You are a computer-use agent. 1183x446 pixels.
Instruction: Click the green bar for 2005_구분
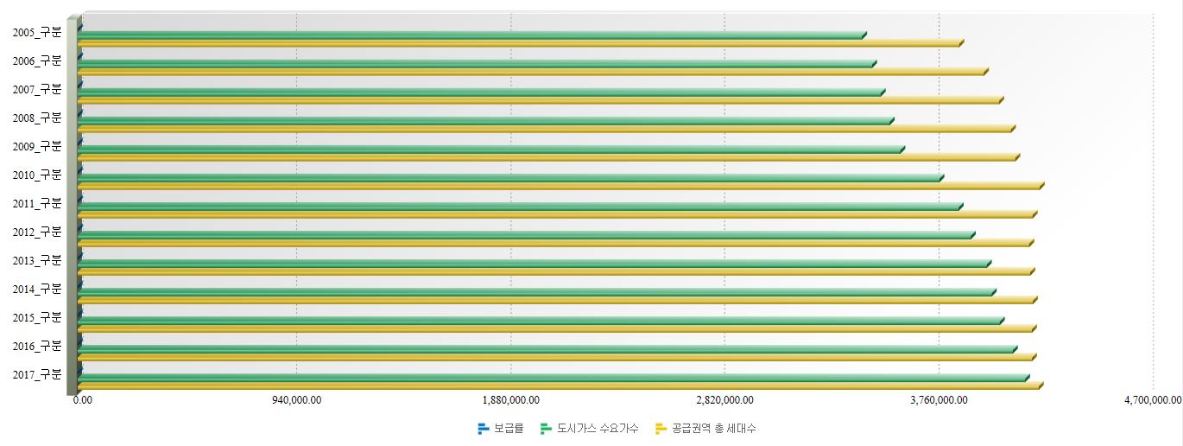[x=471, y=35]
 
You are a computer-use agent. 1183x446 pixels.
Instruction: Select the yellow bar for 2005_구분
[x=518, y=43]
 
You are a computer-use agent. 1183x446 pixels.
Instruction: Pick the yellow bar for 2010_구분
[x=560, y=187]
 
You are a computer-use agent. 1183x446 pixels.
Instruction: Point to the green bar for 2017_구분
[x=553, y=379]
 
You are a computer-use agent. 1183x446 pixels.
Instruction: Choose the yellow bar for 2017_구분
[x=559, y=386]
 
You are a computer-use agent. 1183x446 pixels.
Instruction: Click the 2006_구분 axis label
[x=37, y=61]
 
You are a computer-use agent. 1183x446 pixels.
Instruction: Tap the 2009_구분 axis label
[x=37, y=146]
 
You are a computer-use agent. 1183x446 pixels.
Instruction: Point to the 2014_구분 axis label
[x=37, y=289]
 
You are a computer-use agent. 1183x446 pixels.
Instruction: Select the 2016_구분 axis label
[x=37, y=346]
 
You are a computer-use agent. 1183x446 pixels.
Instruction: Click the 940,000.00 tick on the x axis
[x=296, y=399]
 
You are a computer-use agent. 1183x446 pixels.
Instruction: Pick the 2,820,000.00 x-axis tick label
[x=724, y=399]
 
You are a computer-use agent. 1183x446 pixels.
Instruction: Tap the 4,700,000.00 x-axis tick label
[x=1153, y=399]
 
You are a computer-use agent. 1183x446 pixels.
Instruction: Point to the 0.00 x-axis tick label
[x=83, y=399]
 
